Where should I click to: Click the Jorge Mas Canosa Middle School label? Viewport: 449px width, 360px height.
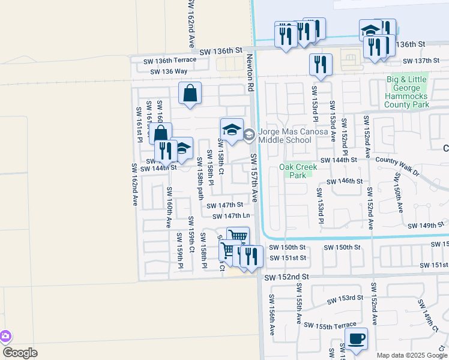click(285, 136)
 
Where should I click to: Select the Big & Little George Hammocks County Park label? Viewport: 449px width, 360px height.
click(408, 92)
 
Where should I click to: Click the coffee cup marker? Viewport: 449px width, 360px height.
click(357, 338)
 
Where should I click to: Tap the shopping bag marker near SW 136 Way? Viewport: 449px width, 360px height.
click(190, 93)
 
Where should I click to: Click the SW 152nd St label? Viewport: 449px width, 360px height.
click(285, 277)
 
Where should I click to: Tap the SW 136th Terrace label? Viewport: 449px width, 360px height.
click(169, 60)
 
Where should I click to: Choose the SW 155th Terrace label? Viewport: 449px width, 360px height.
click(330, 325)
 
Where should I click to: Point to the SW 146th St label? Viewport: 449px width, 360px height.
click(344, 181)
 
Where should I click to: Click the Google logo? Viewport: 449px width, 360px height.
click(20, 352)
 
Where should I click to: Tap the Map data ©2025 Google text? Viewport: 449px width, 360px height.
click(411, 355)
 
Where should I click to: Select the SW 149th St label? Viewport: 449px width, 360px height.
click(426, 226)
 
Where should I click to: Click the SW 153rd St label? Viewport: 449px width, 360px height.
click(345, 298)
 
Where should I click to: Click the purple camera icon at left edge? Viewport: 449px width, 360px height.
click(5, 336)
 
